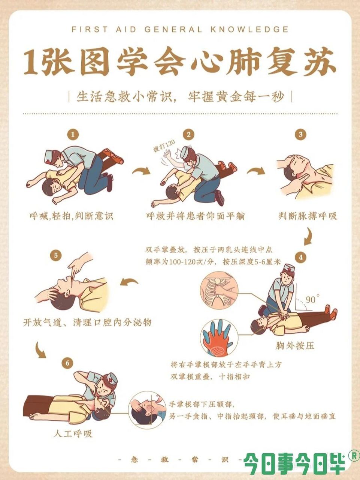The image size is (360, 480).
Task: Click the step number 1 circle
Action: [73, 134]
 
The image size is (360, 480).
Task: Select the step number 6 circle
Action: [67, 363]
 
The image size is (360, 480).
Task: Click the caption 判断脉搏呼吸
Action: [308, 216]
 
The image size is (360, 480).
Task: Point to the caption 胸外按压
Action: [295, 345]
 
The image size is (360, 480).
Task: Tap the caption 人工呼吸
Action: [73, 434]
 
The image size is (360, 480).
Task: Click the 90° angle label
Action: [312, 300]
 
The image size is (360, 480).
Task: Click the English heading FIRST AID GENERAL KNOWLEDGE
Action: [180, 29]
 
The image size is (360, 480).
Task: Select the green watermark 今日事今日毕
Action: [294, 464]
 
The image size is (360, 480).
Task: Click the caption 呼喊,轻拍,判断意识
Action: [71, 216]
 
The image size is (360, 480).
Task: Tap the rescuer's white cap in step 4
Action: [288, 268]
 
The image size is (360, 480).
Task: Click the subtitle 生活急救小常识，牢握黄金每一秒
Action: [180, 96]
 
